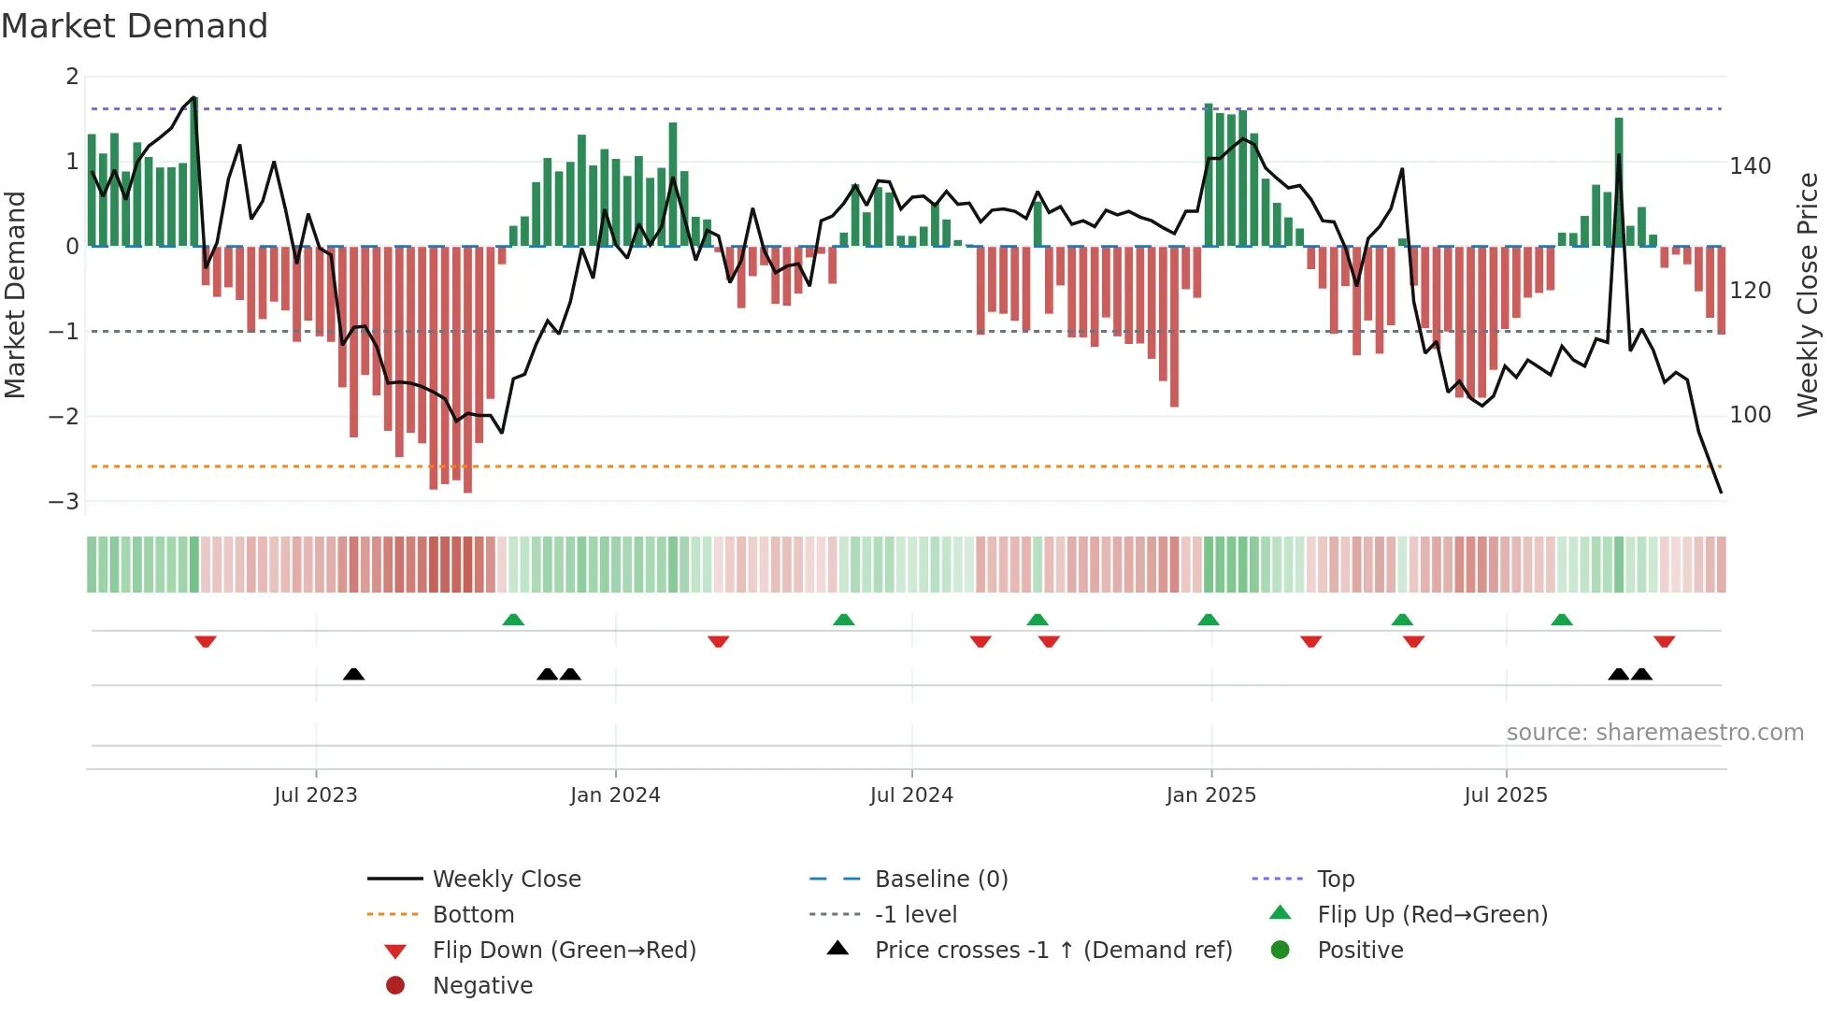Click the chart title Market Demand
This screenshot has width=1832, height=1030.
coord(135,25)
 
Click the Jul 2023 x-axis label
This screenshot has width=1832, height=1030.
coord(315,794)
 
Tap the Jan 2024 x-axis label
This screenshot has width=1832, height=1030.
coord(615,794)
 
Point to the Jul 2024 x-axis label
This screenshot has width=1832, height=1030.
coord(911,794)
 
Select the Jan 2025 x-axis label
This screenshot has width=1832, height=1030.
coord(1210,794)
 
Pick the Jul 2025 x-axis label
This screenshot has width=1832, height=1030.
coord(1506,794)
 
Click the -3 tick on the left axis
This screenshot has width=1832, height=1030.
coord(64,501)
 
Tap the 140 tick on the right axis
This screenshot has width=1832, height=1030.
coord(1750,166)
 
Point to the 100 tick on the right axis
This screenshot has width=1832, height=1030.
coord(1750,414)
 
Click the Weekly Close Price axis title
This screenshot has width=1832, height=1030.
coord(1808,293)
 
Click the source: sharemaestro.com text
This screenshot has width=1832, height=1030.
coord(1654,732)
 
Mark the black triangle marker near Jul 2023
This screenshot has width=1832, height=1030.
coord(353,674)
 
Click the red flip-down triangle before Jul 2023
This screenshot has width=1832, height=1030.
coord(206,641)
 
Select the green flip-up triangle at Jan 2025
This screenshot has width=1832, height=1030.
coord(1208,620)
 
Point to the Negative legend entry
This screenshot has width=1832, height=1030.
coord(482,985)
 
